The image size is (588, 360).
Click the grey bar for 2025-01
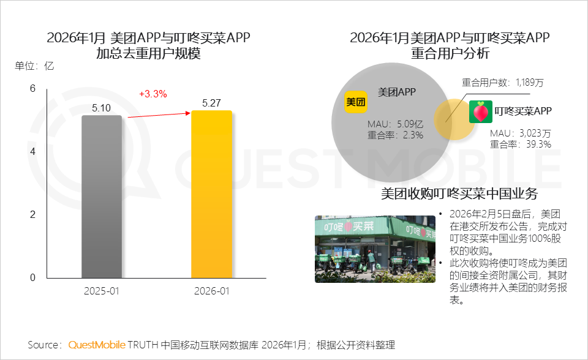[x=102, y=196]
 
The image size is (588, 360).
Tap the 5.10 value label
[x=102, y=108]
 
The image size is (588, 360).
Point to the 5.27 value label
[x=211, y=103]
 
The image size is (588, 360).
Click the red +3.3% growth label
[x=153, y=94]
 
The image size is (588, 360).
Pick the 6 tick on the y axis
[x=33, y=89]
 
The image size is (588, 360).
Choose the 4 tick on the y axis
[x=33, y=152]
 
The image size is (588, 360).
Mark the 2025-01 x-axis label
[x=102, y=291]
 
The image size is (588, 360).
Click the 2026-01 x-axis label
[x=211, y=291]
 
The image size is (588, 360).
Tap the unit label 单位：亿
[x=34, y=66]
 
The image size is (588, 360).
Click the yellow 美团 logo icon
[x=356, y=102]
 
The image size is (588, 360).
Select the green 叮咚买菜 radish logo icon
[x=480, y=111]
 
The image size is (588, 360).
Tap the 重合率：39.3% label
[x=521, y=144]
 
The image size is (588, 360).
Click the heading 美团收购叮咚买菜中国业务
[x=459, y=194]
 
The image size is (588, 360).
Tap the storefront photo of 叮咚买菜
[x=375, y=249]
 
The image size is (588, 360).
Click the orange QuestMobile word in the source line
[x=97, y=344]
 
